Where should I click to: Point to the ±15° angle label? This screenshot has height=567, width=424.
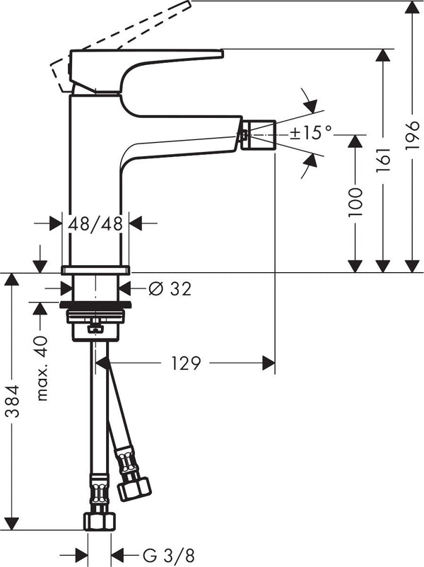[311, 131]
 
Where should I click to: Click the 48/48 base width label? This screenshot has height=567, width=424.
[95, 223]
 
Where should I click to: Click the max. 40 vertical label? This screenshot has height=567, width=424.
[42, 368]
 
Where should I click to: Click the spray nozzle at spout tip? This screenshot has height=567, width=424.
[257, 134]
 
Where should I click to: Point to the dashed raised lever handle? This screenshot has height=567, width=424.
[120, 42]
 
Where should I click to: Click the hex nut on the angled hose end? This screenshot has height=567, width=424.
[134, 488]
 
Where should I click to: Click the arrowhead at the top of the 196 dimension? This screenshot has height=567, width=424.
[413, 6]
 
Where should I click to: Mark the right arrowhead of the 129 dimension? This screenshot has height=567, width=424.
[269, 363]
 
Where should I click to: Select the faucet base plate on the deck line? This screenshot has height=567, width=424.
[95, 270]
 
